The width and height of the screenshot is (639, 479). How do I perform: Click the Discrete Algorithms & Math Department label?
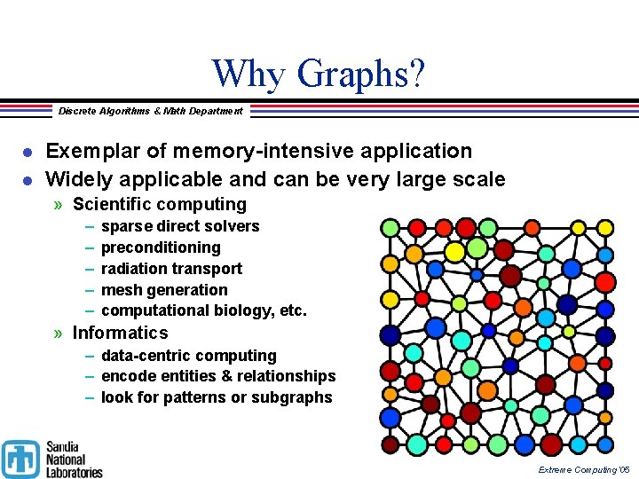(150, 111)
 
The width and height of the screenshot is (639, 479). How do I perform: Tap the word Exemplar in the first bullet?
(85, 151)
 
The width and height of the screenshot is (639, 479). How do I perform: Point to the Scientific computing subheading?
(159, 204)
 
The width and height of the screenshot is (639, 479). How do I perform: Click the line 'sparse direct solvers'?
(180, 226)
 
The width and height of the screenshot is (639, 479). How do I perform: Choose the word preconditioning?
(161, 247)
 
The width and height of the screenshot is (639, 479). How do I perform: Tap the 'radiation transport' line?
(171, 269)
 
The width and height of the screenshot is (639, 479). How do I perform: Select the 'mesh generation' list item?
(164, 290)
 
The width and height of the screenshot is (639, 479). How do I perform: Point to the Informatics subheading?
(120, 333)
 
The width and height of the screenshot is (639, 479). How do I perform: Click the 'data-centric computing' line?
(188, 356)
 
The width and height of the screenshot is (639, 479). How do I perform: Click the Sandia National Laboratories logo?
(52, 459)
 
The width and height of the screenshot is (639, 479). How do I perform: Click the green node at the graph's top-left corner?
(390, 227)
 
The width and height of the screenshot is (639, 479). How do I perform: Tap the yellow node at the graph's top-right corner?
(605, 227)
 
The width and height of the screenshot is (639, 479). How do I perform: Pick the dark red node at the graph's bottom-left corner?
(390, 444)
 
